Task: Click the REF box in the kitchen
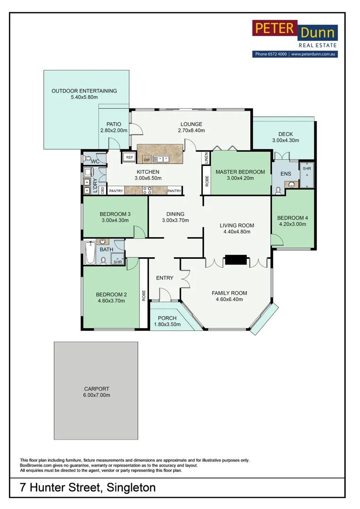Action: pos(130,157)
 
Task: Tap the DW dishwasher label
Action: pos(147,160)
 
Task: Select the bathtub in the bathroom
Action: pos(90,252)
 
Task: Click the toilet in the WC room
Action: pos(87,159)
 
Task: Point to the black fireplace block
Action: pos(236,260)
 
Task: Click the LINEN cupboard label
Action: pos(206,158)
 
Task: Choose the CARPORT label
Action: pos(97,388)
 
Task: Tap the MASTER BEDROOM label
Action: pos(240,172)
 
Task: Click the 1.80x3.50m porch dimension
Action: pos(167,324)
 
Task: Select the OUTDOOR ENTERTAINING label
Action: pos(84,91)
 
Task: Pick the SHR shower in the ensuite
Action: pos(307,175)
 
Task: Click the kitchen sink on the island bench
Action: pos(161,159)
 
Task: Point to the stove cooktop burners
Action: pos(147,190)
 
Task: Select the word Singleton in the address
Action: pos(131,488)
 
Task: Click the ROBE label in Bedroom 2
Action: pos(144,296)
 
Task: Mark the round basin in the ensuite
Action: pos(292,185)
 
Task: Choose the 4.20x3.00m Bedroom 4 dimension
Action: pos(293,224)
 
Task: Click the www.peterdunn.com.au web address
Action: pos(313,54)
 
